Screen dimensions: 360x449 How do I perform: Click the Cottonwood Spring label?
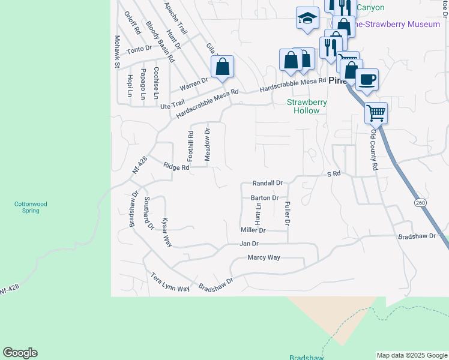31,207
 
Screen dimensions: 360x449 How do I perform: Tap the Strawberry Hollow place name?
306,106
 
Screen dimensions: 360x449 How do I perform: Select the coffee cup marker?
367,79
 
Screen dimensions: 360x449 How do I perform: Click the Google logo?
20,353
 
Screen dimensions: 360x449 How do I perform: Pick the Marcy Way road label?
264,257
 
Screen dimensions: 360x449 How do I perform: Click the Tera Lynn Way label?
170,282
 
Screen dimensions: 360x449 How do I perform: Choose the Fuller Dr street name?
288,214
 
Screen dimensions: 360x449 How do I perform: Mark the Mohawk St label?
118,51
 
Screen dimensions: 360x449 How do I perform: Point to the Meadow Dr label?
207,144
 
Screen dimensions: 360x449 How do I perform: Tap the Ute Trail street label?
173,105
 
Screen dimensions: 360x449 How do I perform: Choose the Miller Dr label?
253,230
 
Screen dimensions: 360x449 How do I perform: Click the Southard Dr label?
148,214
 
